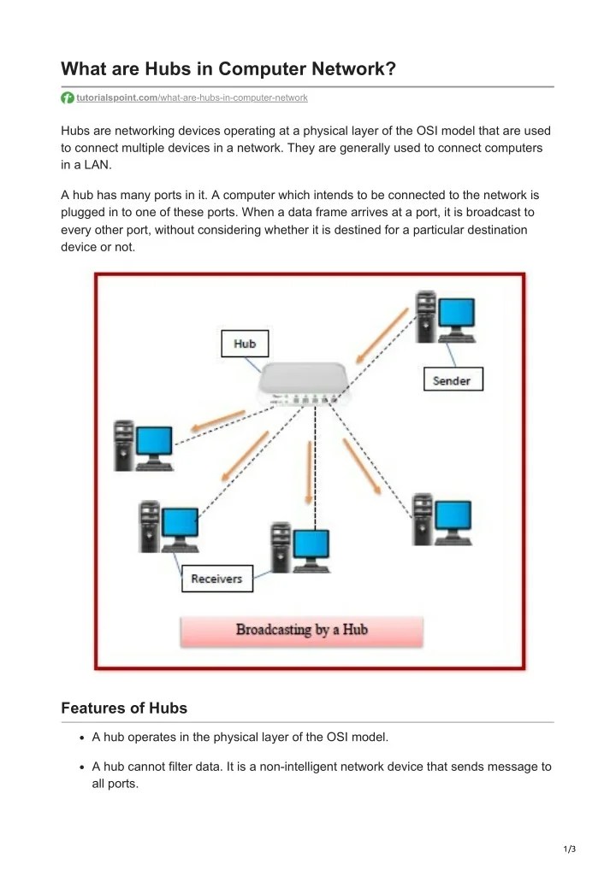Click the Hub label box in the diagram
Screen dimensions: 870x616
[x=245, y=344]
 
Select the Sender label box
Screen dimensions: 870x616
[x=453, y=380]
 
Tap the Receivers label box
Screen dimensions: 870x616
[x=216, y=579]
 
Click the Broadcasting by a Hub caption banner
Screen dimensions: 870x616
[x=301, y=630]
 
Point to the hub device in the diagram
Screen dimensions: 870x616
[x=305, y=384]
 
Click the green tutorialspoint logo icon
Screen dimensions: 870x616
[x=68, y=98]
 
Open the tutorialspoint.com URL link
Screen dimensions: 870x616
[x=192, y=98]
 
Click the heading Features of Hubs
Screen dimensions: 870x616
[x=124, y=708]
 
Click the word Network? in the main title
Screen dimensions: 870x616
[x=352, y=68]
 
